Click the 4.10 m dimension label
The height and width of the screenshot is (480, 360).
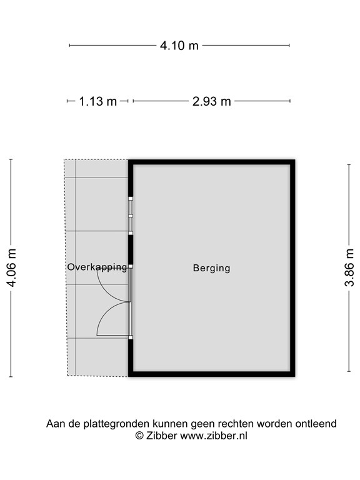[179, 45]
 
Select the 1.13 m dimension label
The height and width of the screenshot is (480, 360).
[98, 101]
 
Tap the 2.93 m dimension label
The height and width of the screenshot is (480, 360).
[212, 101]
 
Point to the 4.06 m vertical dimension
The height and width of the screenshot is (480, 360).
[11, 268]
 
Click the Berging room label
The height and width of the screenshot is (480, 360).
[211, 268]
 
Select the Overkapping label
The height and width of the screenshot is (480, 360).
[97, 267]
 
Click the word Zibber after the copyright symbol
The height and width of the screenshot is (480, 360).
[162, 436]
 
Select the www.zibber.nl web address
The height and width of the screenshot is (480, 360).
[213, 436]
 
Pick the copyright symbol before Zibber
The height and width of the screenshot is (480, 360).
[140, 436]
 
